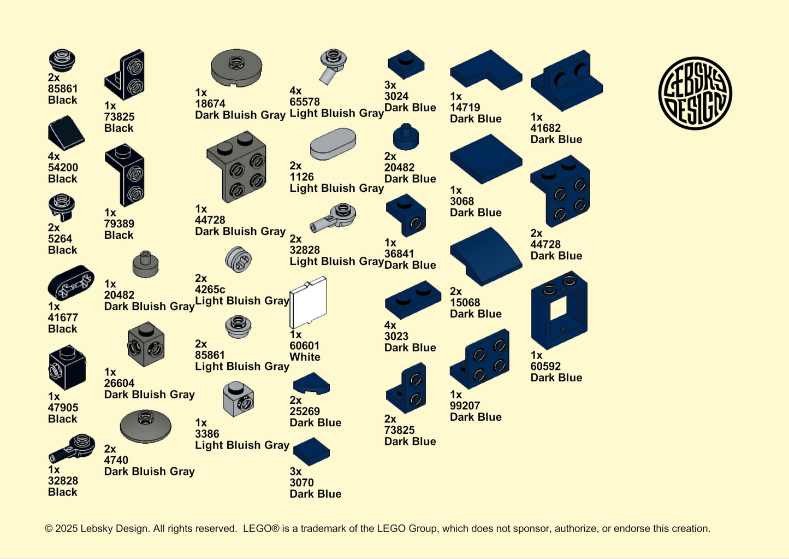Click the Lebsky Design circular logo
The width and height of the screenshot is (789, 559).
(x=695, y=93)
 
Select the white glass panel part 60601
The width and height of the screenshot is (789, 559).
(x=308, y=303)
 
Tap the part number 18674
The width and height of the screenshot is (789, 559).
(x=210, y=104)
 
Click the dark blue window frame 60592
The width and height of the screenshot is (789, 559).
(x=559, y=310)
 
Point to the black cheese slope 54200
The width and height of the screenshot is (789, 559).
(x=66, y=133)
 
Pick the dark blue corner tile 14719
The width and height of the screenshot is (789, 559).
(x=486, y=70)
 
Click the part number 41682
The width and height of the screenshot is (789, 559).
(x=545, y=128)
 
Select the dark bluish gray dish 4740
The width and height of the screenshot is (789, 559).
(x=145, y=426)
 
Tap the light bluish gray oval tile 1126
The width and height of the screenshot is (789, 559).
(x=333, y=144)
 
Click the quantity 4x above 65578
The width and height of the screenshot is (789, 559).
(x=295, y=91)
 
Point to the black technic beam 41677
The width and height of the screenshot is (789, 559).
(x=71, y=283)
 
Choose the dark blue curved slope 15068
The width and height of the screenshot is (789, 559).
(x=486, y=256)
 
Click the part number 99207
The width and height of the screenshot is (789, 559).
(x=465, y=405)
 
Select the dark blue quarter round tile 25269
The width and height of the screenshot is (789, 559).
(x=311, y=384)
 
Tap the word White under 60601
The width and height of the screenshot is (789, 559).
(x=305, y=357)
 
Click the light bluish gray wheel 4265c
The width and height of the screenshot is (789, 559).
(x=239, y=260)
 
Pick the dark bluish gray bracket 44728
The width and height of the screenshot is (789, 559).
(x=236, y=167)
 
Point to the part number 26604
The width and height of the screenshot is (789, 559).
(x=120, y=383)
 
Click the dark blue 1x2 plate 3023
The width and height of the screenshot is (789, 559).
(x=413, y=300)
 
